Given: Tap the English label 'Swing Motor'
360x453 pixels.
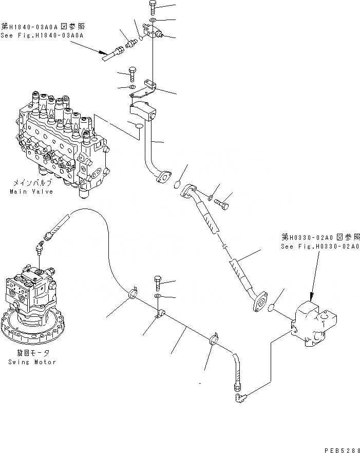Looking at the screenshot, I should click(31, 362).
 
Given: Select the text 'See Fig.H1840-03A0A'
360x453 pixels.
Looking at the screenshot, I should click(43, 35).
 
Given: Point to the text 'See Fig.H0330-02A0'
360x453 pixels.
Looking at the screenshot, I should click(315, 247).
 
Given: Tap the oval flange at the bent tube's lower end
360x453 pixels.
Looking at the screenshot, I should click(163, 177).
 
